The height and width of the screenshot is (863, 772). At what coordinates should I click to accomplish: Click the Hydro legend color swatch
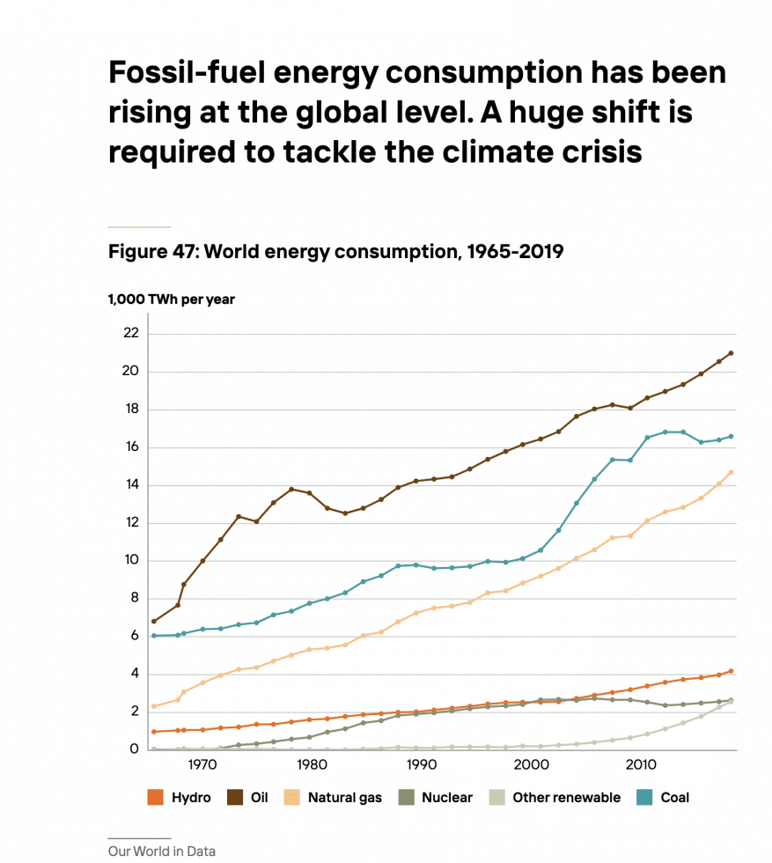(x=155, y=798)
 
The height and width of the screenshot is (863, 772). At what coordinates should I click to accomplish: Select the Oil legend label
(x=259, y=798)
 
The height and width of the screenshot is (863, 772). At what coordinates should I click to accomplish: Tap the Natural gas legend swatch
(x=291, y=798)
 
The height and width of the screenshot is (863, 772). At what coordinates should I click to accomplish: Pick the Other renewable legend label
(x=566, y=798)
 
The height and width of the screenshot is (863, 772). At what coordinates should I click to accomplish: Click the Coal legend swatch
(x=644, y=798)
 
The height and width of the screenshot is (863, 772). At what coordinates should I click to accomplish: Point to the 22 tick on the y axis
(x=131, y=333)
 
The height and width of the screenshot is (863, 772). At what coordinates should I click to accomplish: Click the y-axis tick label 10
(x=131, y=560)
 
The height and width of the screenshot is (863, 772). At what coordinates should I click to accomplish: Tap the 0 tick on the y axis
(x=135, y=749)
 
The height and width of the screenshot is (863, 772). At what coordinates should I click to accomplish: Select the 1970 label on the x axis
(x=202, y=764)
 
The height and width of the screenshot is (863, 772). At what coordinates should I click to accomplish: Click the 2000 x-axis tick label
(x=531, y=764)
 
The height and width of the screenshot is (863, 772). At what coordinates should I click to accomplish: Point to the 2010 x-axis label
(x=641, y=764)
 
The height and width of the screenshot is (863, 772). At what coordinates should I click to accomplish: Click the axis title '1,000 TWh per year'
(x=171, y=299)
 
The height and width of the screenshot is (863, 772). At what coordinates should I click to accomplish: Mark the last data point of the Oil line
(x=731, y=353)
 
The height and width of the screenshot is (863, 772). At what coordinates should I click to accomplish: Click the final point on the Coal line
(x=731, y=437)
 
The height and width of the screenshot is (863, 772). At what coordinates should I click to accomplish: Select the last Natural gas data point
(x=731, y=472)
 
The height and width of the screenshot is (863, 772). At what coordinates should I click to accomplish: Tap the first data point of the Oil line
(x=154, y=622)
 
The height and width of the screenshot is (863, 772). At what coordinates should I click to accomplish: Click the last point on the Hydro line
(x=731, y=671)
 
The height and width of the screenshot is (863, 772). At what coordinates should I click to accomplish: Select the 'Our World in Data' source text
(x=162, y=851)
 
